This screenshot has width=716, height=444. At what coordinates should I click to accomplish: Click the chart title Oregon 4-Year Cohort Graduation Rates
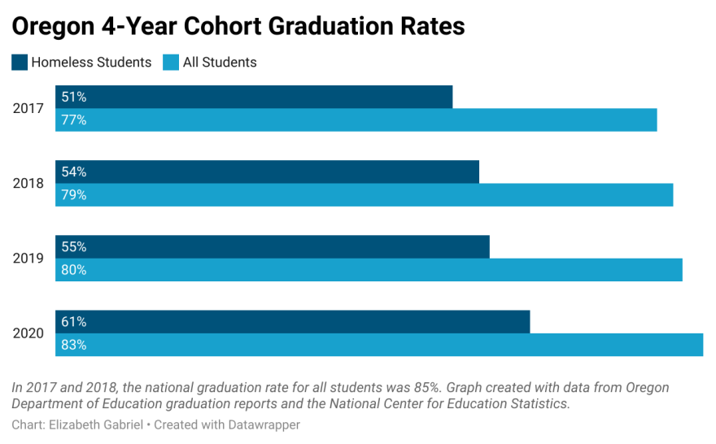238,26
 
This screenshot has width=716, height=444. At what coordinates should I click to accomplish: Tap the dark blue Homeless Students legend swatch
20,63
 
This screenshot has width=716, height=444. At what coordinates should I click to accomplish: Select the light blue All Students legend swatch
171,63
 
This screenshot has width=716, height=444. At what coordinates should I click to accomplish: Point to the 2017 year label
28,108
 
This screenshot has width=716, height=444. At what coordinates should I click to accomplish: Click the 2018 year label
28,183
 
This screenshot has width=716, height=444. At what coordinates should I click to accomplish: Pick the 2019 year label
28,259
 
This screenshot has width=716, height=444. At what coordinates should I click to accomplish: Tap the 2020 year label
28,333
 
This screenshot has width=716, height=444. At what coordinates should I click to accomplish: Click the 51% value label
74,98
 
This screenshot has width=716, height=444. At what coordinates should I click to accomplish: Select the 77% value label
74,120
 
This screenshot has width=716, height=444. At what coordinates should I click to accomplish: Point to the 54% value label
74,172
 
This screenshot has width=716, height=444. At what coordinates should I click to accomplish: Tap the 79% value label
74,195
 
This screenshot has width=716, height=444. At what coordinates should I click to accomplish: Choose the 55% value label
74,247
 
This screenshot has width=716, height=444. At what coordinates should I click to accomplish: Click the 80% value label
74,270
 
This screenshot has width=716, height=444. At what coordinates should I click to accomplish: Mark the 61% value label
74,322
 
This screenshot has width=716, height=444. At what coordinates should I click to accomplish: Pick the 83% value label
74,345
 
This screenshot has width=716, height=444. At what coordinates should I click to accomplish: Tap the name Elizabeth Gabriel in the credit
97,425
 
